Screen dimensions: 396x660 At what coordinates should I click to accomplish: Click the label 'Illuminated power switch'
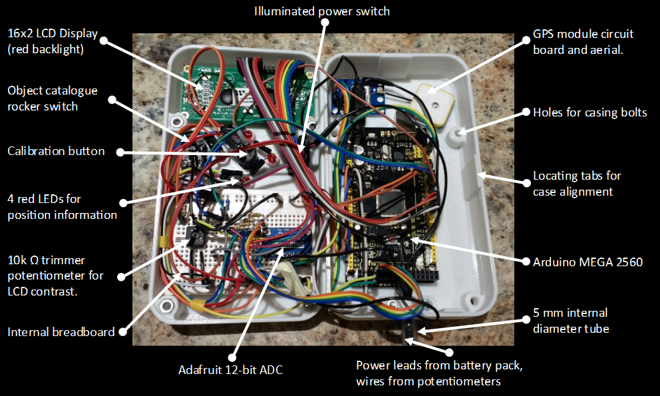point(321,11)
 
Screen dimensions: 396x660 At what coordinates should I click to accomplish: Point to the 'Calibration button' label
point(56,151)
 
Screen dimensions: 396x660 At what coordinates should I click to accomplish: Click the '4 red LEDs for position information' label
point(62,206)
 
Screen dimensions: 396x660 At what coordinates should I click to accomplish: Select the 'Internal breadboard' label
point(61,331)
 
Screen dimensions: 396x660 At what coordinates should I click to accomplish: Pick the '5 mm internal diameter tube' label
point(570,320)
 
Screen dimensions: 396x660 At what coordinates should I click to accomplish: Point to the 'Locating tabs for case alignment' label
point(577,184)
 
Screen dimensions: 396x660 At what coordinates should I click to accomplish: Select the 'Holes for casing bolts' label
point(589,112)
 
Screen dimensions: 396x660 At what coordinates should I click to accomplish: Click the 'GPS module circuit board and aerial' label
point(583,41)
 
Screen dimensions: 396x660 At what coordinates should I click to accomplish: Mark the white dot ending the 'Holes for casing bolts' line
point(526,112)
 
